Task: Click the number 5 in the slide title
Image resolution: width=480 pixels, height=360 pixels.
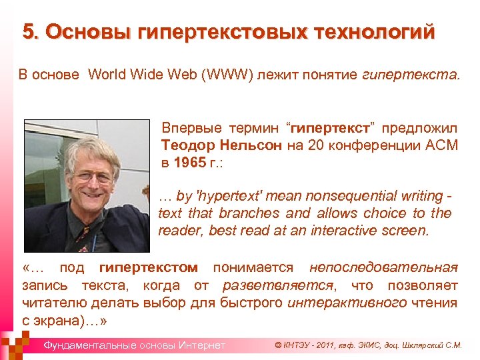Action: pyautogui.click(x=28, y=31)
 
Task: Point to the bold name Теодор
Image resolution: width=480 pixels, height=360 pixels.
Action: pyautogui.click(x=188, y=145)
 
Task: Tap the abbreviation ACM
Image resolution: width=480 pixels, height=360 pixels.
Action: pyautogui.click(x=439, y=145)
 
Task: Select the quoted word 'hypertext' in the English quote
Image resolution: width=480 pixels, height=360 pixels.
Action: pyautogui.click(x=230, y=196)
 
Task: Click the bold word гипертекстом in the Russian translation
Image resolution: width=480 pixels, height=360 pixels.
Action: pyautogui.click(x=148, y=267)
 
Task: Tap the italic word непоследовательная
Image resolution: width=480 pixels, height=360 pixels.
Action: pyautogui.click(x=384, y=267)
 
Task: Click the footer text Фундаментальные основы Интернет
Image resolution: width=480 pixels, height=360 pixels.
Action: pyautogui.click(x=134, y=345)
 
